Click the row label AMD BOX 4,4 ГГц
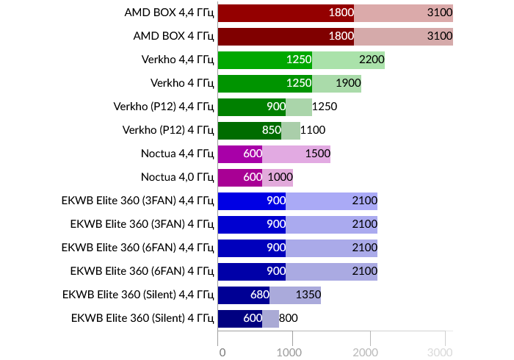[173, 12]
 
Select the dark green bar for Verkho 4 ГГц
[264, 83]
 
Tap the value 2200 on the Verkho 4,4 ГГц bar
[372, 60]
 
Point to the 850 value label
[272, 130]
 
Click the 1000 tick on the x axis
[293, 352]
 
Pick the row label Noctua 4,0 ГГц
[177, 177]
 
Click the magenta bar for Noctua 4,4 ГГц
[239, 154]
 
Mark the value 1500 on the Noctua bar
[316, 154]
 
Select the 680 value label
[259, 295]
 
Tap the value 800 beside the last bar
[289, 318]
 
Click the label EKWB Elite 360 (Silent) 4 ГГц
[142, 318]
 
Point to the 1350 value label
[307, 295]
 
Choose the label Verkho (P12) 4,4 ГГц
[164, 107]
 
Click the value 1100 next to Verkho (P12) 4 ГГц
[313, 130]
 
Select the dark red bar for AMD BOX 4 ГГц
[286, 36]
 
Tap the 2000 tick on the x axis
[369, 352]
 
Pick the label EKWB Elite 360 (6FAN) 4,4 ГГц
[138, 248]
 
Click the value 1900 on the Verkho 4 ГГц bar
[348, 83]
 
